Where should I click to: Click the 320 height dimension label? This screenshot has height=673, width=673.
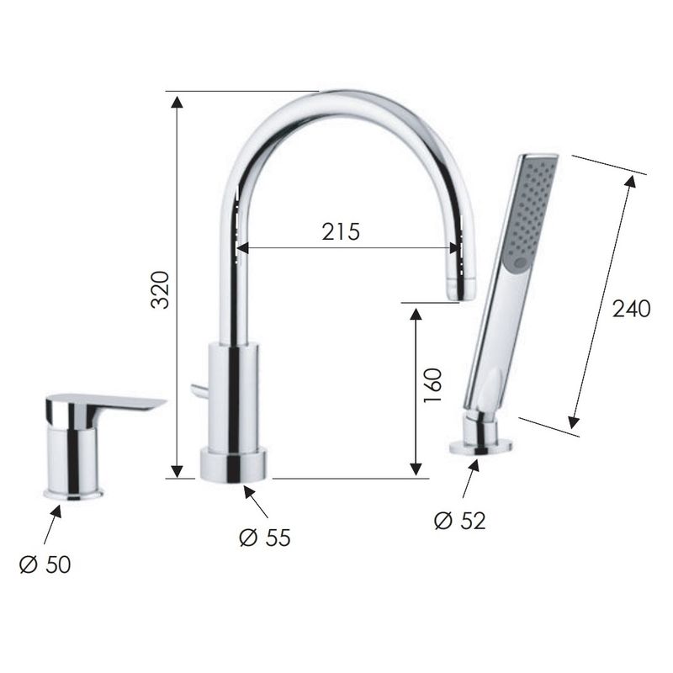pos(160,289)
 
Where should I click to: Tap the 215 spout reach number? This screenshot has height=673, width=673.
pos(341,232)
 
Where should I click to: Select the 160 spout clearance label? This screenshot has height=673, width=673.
pos(432,385)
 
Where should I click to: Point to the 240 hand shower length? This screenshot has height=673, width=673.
pos(631,309)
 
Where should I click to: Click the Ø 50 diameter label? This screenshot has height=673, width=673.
pos(45,564)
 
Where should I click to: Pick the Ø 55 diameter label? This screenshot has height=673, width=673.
pos(265,538)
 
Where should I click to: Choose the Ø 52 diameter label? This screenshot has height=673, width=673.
pos(459,521)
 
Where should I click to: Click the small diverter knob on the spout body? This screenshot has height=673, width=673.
pos(199,389)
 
